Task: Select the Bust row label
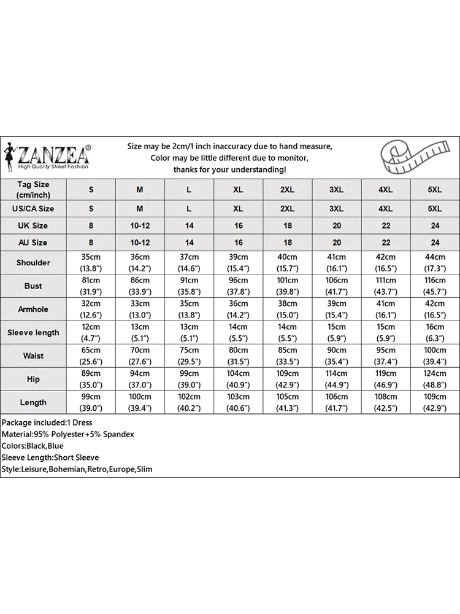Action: (x=33, y=286)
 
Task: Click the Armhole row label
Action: (x=33, y=309)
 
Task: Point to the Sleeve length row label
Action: (x=33, y=333)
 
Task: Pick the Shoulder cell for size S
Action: (x=91, y=263)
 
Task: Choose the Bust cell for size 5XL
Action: (x=435, y=286)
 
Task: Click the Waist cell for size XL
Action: (x=239, y=356)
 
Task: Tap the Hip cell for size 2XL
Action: (x=287, y=379)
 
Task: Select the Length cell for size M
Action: (x=140, y=403)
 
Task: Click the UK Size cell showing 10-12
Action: (x=140, y=226)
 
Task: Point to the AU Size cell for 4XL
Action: (x=386, y=243)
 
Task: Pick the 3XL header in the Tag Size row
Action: (x=337, y=190)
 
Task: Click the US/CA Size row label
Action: (x=33, y=209)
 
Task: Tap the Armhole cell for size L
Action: (x=190, y=309)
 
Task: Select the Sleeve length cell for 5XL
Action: (x=435, y=333)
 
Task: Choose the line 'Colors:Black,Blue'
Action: (x=33, y=446)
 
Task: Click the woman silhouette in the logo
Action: (x=10, y=155)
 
